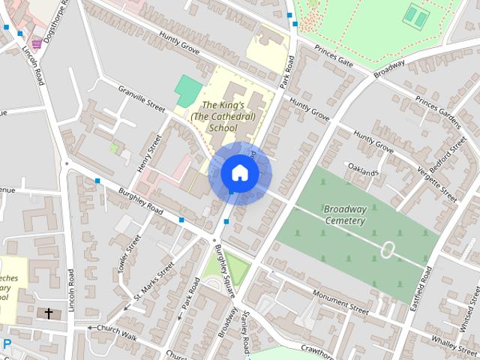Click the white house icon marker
239,172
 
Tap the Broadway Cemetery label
345,214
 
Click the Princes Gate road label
334,59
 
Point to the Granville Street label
140,99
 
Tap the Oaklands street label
361,172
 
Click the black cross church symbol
49,313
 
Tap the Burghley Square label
224,271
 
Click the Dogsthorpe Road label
55,19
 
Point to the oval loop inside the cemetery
388,250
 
